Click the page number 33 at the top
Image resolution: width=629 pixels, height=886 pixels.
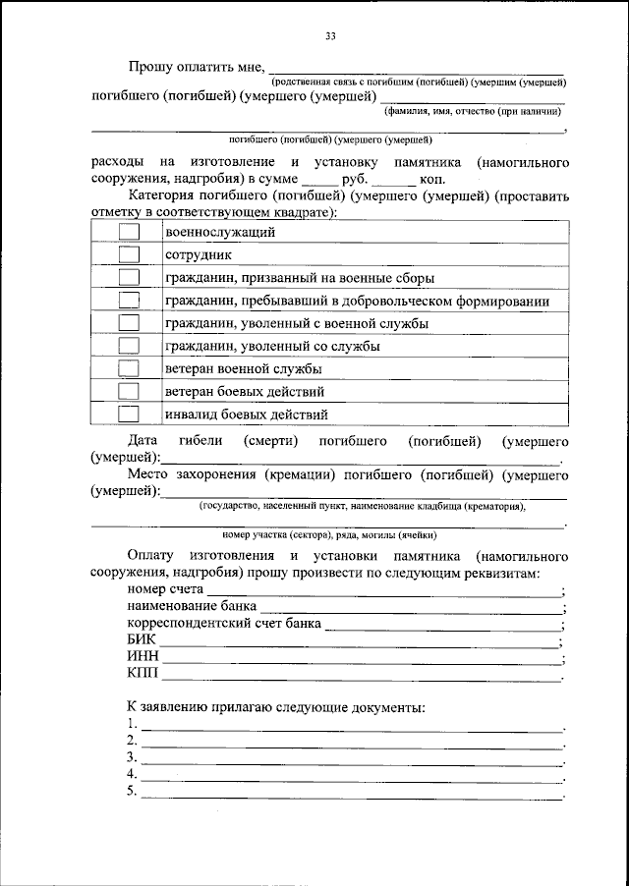[x=331, y=37]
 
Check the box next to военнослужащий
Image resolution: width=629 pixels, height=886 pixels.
[x=129, y=232]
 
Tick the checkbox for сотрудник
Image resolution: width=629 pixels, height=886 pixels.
[x=129, y=254]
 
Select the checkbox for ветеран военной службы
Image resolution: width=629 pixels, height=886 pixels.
[x=129, y=368]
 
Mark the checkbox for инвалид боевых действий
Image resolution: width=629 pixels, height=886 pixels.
[x=129, y=414]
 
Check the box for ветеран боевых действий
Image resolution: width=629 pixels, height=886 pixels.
[x=129, y=391]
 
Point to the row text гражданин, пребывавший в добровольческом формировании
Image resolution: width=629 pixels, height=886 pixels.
[x=357, y=301]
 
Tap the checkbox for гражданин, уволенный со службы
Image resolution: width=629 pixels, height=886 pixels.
[x=129, y=346]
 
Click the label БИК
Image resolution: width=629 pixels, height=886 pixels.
[x=142, y=641]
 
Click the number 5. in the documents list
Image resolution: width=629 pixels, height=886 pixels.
[x=133, y=792]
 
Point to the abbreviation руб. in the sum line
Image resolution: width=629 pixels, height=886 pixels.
[x=354, y=180]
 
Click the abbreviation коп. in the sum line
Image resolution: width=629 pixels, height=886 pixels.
[x=432, y=180]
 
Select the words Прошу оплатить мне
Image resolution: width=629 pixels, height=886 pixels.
[x=196, y=68]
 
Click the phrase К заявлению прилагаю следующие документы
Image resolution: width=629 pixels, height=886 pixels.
[x=275, y=707]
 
